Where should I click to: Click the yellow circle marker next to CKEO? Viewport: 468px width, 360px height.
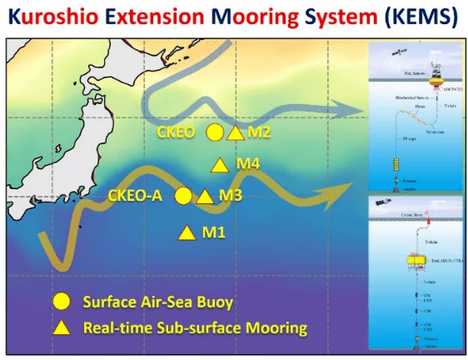pyautogui.click(x=214, y=132)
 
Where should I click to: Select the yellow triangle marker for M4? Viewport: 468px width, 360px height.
pyautogui.click(x=219, y=165)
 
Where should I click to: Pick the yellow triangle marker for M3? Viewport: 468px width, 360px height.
pyautogui.click(x=204, y=197)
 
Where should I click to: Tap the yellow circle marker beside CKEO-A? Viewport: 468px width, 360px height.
pyautogui.click(x=182, y=196)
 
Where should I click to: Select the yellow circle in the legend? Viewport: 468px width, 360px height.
pyautogui.click(x=60, y=301)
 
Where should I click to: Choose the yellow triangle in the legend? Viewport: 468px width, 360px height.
pyautogui.click(x=60, y=327)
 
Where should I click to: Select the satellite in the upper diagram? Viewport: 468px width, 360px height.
pyautogui.click(x=381, y=53)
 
